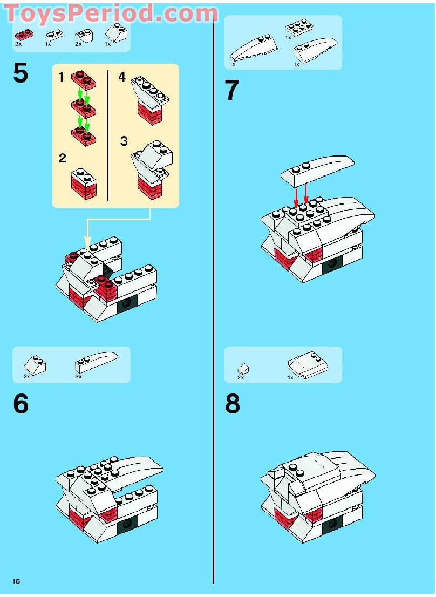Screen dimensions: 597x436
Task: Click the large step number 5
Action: [21, 74]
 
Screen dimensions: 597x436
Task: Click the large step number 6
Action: [21, 404]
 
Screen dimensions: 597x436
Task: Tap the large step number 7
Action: [231, 91]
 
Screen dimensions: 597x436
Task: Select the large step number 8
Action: [232, 404]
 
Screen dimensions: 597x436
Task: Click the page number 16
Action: [16, 581]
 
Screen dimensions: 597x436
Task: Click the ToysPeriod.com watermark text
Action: [111, 12]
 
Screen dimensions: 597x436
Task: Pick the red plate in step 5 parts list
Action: [24, 33]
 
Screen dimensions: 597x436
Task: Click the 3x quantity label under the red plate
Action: [18, 43]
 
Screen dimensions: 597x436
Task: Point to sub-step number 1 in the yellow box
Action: [62, 78]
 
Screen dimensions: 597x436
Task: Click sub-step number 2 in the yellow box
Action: [63, 158]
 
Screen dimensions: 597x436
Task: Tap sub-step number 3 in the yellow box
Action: [124, 141]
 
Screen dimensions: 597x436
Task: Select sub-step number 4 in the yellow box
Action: [122, 78]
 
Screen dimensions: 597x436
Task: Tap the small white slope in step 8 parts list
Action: [243, 368]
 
